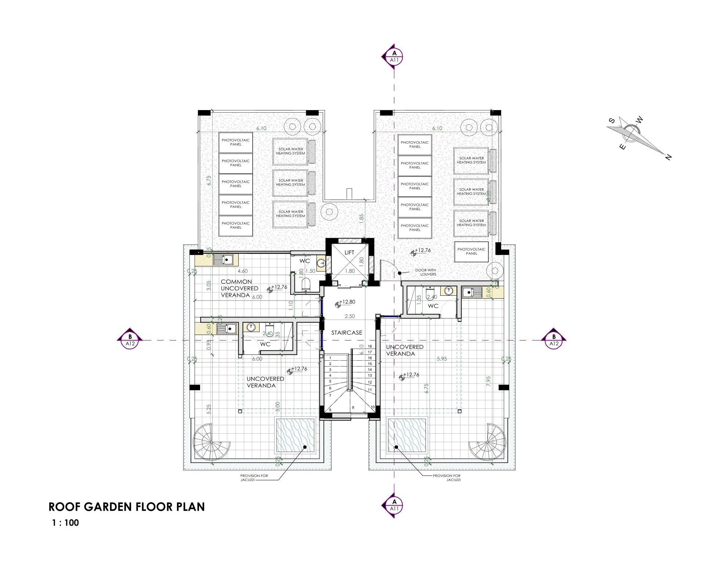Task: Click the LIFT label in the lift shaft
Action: [349, 252]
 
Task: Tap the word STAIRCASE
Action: [347, 333]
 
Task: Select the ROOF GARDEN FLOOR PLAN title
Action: [127, 507]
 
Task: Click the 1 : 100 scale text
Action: [65, 523]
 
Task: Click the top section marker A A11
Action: [394, 57]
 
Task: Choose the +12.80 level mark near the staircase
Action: [347, 302]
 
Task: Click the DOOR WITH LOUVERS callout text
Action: [426, 272]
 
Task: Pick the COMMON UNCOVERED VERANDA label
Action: [239, 288]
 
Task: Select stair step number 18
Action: [370, 346]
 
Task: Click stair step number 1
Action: [330, 358]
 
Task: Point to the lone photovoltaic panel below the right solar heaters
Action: [471, 251]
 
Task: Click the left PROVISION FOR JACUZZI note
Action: [254, 477]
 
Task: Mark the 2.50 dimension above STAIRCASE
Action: [350, 316]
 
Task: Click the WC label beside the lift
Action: [304, 261]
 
